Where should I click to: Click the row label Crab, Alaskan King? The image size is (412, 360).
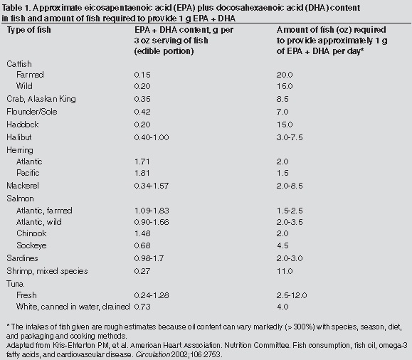click(41, 99)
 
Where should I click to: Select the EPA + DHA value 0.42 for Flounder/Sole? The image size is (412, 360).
click(142, 112)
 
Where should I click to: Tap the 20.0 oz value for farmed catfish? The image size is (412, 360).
click(285, 75)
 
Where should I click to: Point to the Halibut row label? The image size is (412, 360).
click(19, 137)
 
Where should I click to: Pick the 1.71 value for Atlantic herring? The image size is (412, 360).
click(142, 162)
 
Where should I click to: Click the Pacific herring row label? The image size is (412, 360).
click(28, 173)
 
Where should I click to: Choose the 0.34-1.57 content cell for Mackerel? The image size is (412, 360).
click(152, 186)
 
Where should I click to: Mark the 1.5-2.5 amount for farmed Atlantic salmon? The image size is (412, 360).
click(290, 211)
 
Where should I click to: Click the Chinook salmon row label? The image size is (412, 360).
click(31, 233)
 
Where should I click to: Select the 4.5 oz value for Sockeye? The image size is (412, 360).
click(282, 245)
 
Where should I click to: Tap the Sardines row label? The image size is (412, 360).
click(22, 258)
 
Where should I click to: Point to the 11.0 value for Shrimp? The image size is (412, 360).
click(285, 271)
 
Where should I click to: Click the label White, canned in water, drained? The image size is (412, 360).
click(73, 307)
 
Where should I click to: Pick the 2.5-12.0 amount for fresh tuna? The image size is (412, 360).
click(292, 295)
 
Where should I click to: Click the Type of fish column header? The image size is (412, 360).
click(29, 30)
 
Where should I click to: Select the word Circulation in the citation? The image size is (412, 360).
click(152, 354)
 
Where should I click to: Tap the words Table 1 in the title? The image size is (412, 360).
click(16, 8)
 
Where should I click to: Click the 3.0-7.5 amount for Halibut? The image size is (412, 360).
click(290, 137)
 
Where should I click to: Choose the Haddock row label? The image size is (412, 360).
click(23, 125)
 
